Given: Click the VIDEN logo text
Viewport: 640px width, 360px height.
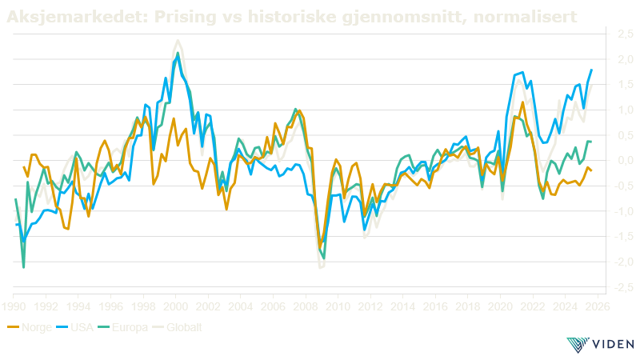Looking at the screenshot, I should coord(614,345).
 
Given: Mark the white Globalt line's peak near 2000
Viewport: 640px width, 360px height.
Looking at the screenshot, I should coord(178,40).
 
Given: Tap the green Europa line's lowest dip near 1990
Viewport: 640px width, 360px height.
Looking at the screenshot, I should coord(24,267).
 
